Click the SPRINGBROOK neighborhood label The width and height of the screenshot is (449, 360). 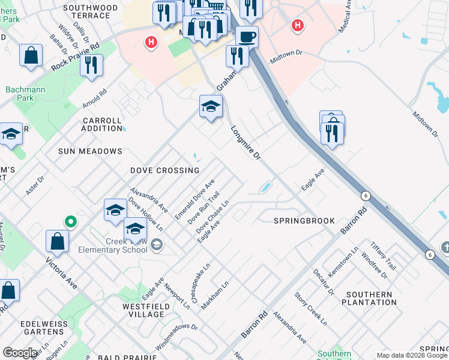click(304, 221)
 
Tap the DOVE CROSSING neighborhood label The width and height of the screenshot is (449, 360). click(165, 170)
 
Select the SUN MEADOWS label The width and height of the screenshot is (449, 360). click(90, 151)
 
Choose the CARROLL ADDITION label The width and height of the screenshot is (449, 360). click(102, 124)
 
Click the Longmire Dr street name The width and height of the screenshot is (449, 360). click(246, 142)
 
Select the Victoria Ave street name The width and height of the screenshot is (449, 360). click(62, 273)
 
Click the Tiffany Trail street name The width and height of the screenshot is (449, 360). click(383, 256)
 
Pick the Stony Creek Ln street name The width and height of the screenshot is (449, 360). click(310, 308)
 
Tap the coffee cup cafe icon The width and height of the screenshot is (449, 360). click(246, 37)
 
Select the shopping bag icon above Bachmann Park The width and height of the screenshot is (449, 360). click(31, 55)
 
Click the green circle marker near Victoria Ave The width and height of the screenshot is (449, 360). click(71, 222)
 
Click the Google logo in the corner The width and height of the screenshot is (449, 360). click(20, 353)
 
